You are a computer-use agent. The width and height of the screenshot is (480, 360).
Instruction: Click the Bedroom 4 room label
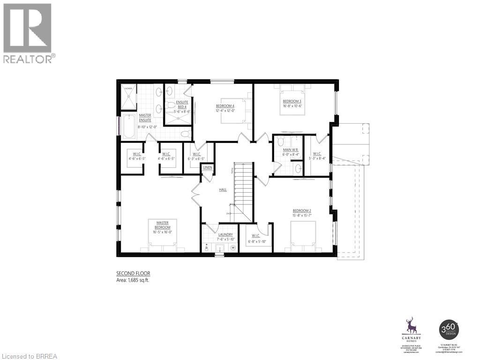point(225,106)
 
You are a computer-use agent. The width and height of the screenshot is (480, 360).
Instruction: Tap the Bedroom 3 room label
point(292,101)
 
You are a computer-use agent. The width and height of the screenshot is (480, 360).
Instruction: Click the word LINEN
point(208,167)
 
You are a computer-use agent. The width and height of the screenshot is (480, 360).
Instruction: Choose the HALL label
point(223,189)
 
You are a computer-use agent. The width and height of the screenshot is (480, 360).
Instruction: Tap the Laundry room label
point(225,234)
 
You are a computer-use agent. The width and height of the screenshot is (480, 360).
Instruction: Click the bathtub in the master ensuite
point(128,126)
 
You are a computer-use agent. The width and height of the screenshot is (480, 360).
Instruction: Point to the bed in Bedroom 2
point(302,234)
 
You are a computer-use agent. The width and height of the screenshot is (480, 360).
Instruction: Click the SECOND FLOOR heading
point(133,273)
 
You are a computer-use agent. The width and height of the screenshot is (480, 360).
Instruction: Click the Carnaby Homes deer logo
point(411,325)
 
